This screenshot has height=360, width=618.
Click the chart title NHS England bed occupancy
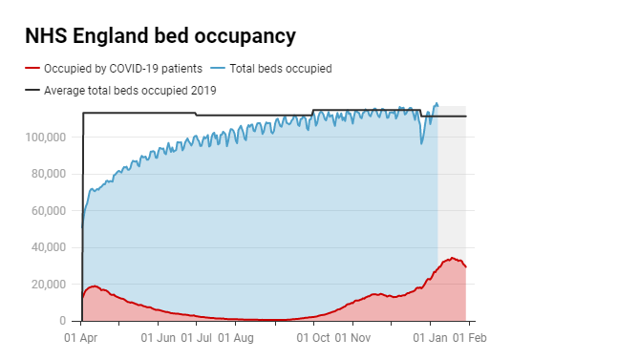160,36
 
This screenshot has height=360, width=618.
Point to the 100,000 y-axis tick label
45,138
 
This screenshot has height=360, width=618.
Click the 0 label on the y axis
60,322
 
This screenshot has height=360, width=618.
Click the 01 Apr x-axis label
82,337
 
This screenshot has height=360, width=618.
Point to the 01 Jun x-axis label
159,337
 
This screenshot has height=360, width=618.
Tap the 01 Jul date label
197,337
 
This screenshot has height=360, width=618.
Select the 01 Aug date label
236,337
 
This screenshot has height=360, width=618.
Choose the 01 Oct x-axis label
313,337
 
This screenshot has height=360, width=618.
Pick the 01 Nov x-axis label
352,337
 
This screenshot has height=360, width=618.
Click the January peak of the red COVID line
453,258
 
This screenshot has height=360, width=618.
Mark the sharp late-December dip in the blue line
422,144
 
